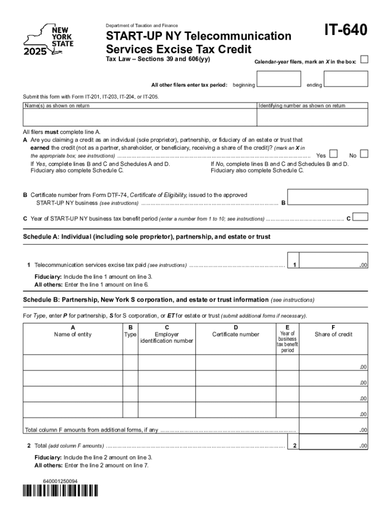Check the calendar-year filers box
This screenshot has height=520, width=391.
point(364,60)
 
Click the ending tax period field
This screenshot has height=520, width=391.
point(345,79)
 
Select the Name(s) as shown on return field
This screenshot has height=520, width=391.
point(140,117)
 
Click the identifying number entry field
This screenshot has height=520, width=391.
point(312,117)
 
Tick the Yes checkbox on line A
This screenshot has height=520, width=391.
point(334,154)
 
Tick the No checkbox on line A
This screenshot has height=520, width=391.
point(364,154)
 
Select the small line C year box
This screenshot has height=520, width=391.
point(360,217)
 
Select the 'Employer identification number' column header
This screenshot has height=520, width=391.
point(167,337)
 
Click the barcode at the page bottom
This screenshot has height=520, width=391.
point(60,490)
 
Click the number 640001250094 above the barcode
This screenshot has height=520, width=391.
point(57,480)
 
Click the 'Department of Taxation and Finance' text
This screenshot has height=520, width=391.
point(142,25)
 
